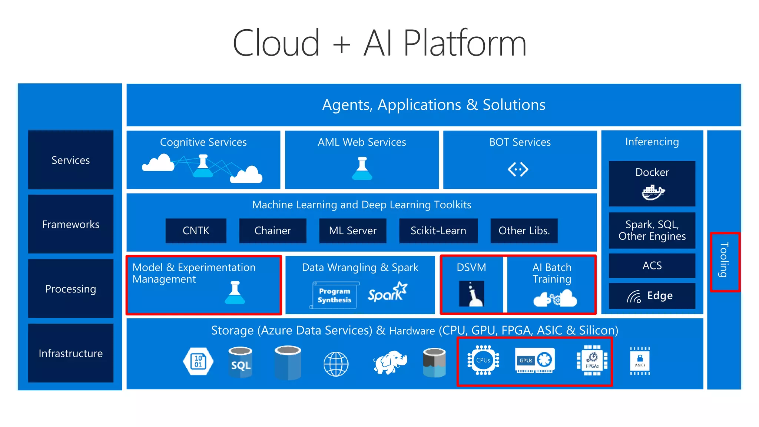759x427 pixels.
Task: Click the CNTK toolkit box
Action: [196, 231]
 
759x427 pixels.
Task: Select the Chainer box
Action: [273, 231]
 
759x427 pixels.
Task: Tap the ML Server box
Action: [352, 231]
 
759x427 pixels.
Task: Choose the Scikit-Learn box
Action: [438, 231]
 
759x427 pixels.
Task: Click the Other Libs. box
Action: [524, 231]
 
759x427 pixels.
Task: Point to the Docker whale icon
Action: [653, 192]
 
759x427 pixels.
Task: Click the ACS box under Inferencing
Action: [652, 265]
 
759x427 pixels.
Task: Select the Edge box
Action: [652, 296]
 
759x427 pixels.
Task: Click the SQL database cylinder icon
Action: [241, 362]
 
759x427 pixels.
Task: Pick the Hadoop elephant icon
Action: [390, 362]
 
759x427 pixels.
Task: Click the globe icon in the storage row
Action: [336, 364]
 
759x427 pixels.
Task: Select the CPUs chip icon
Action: [483, 360]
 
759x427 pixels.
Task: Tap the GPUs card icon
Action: [534, 360]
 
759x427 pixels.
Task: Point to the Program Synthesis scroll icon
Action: [334, 295]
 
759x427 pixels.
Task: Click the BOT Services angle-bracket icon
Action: [518, 169]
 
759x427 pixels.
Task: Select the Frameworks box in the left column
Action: [70, 224]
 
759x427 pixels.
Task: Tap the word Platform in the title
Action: [464, 43]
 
